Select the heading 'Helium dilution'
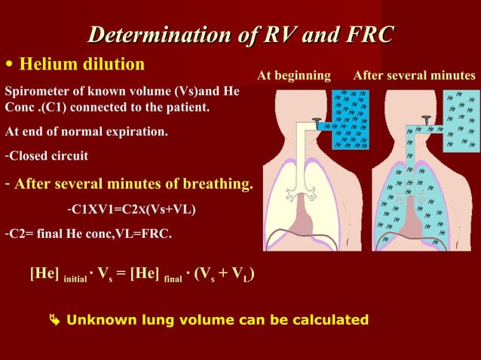pos(81,63)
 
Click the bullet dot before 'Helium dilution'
pos(8,63)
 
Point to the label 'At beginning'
pos(293,75)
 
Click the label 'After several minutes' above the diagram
pos(414,75)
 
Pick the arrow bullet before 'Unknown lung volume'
pos(54,321)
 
